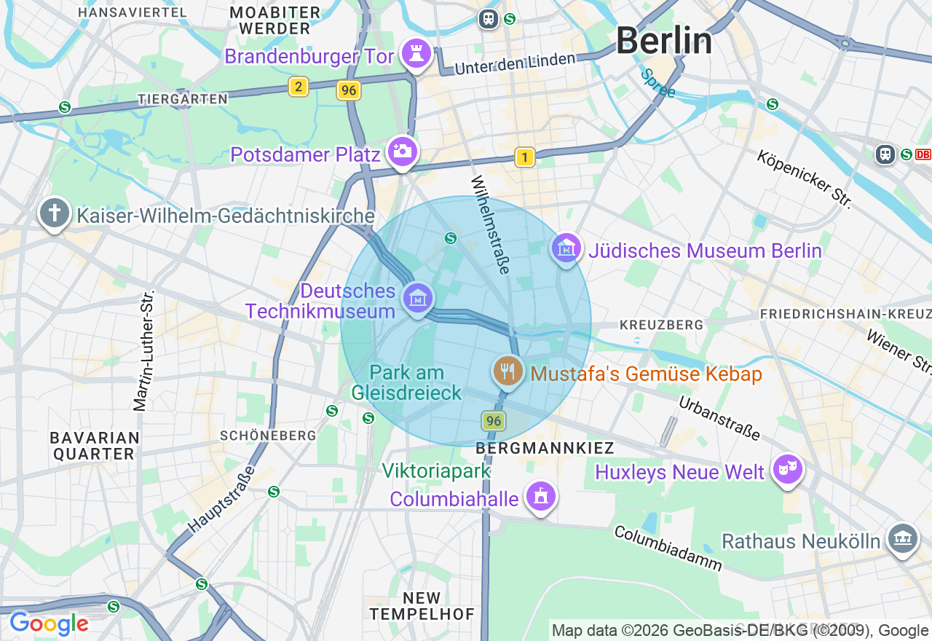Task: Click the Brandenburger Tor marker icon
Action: tap(416, 54)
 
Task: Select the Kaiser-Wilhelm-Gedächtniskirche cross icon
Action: tap(55, 214)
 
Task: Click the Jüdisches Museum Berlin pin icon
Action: tap(566, 249)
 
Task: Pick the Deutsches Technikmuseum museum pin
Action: tap(418, 299)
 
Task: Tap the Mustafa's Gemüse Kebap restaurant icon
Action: tap(508, 371)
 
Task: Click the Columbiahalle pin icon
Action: tap(540, 497)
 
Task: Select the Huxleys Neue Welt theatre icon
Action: tap(788, 470)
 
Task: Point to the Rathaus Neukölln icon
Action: tap(903, 539)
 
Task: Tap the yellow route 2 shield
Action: tap(298, 87)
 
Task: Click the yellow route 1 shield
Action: tap(524, 157)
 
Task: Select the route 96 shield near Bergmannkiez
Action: tap(494, 420)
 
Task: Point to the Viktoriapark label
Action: tap(437, 471)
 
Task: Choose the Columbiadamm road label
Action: tap(668, 548)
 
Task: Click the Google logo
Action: tap(49, 624)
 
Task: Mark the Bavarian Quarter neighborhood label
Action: tap(95, 445)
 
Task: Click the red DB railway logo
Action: tap(923, 154)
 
